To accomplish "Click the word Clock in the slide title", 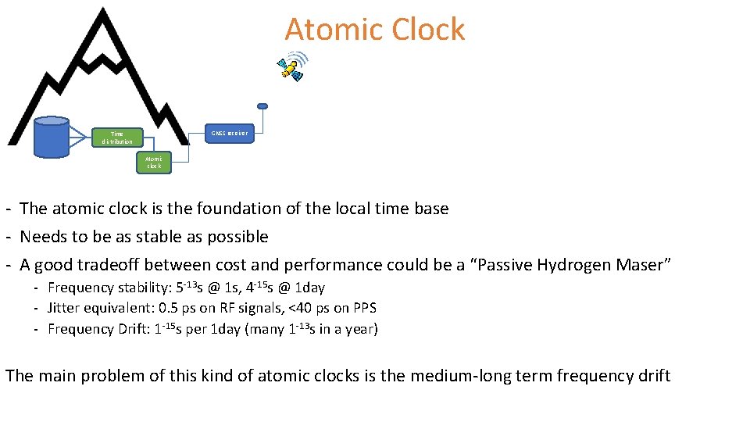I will click(x=428, y=30).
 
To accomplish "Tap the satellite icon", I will click(x=292, y=67).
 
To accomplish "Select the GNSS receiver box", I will click(x=229, y=133).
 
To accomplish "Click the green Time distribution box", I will click(x=117, y=138).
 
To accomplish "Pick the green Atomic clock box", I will click(x=153, y=162).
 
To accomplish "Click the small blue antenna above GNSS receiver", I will click(x=262, y=106).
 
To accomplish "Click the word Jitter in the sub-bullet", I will click(x=62, y=308).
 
